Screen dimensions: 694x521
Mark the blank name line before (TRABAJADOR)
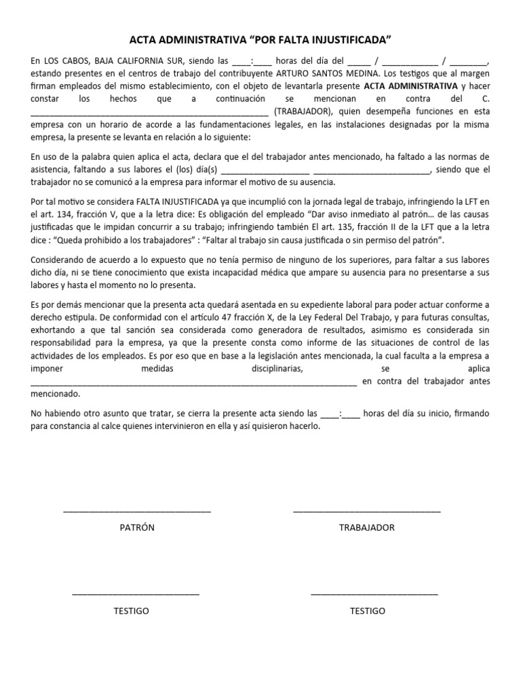[x=149, y=114]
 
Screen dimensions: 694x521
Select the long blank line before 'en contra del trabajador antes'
[x=194, y=384]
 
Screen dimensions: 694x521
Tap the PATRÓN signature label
[x=137, y=527]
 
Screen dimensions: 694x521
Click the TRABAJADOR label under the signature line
[x=366, y=527]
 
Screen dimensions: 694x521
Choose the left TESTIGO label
[x=132, y=611]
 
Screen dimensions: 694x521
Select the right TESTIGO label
[x=367, y=611]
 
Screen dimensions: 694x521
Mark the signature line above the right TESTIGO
[x=374, y=594]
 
